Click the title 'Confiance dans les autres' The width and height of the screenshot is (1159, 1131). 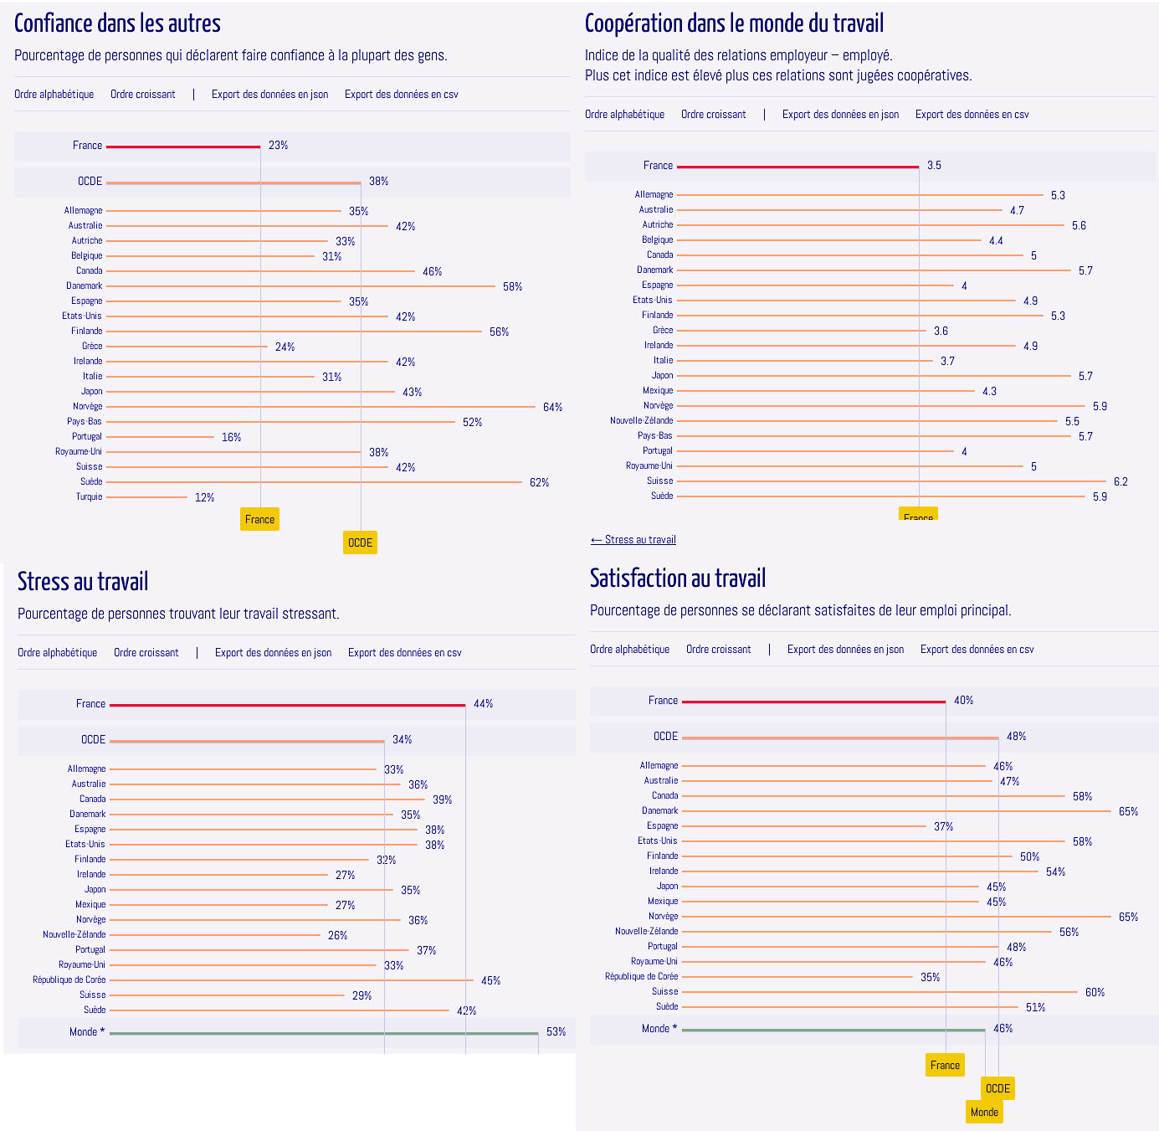coord(117,23)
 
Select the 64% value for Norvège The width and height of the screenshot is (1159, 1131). coord(552,408)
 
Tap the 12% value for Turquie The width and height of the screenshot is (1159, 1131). coord(204,498)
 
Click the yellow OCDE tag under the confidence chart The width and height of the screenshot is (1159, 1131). coord(360,542)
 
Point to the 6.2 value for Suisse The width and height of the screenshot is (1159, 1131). coord(1121,482)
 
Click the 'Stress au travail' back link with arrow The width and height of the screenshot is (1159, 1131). coord(633,540)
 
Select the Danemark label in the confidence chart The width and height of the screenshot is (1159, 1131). coord(85,286)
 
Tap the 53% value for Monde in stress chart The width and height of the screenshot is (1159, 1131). coord(556,1032)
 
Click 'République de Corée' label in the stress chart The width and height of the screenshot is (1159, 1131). coord(69,980)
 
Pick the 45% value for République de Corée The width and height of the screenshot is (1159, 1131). coord(490,981)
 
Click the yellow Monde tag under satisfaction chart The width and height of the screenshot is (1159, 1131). coord(984,1112)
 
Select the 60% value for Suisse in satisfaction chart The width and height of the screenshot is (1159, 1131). coord(1095,993)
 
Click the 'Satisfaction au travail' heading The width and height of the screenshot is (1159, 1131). coord(677,578)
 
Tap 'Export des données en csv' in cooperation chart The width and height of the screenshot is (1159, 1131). coord(972,115)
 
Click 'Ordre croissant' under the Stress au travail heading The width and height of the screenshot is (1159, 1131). coord(146,653)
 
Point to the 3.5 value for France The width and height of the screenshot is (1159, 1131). coord(934,166)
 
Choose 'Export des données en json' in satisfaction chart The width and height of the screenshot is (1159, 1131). coord(845,650)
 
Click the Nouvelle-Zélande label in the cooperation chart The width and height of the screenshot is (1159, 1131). coord(641,421)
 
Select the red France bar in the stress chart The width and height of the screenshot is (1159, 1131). coord(287,705)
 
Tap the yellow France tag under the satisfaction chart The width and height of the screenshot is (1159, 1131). coord(945,1065)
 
